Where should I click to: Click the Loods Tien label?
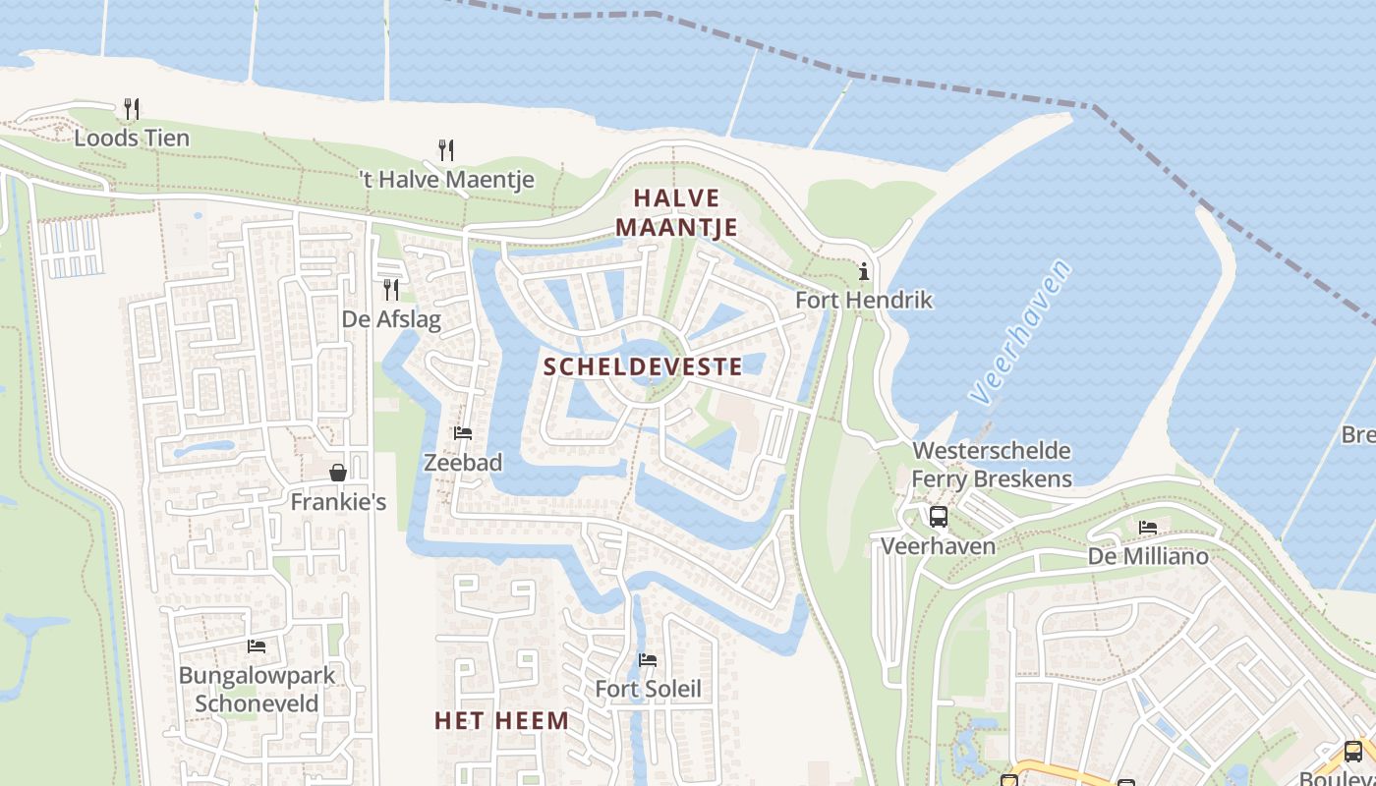pos(132,138)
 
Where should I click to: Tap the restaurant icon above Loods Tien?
pos(132,108)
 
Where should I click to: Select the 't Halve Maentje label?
pos(446,180)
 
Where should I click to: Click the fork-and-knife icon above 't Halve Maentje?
pos(446,149)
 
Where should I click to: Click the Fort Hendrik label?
pos(863,300)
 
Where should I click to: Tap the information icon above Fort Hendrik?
pos(864,271)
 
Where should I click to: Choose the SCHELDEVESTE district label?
pos(643,367)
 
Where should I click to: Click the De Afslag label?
pos(391,319)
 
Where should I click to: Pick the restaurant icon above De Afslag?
pos(391,289)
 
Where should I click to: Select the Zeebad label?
pos(463,462)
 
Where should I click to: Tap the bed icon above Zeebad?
pos(463,432)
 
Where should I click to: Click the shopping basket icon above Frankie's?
pos(338,473)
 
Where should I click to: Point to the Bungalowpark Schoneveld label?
pos(257,689)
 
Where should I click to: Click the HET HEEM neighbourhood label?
pos(501,721)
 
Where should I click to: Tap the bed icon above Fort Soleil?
pos(648,659)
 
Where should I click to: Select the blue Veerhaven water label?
pos(1019,332)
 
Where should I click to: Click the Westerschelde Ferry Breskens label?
pos(992,465)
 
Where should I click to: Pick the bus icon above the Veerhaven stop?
pos(939,516)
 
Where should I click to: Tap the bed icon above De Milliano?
pos(1148,528)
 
